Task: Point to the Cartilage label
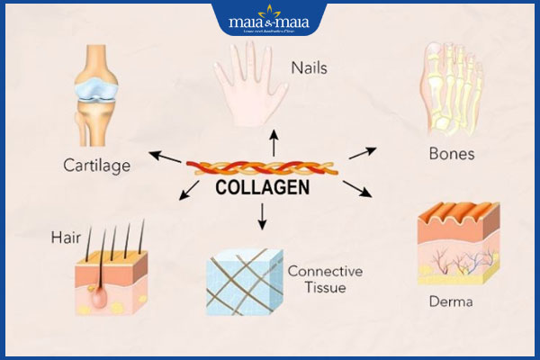click(97, 165)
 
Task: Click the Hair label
click(66, 238)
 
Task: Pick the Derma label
click(451, 301)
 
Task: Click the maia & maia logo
click(269, 20)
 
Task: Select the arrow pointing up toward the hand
click(274, 141)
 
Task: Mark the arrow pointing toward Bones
click(362, 152)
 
